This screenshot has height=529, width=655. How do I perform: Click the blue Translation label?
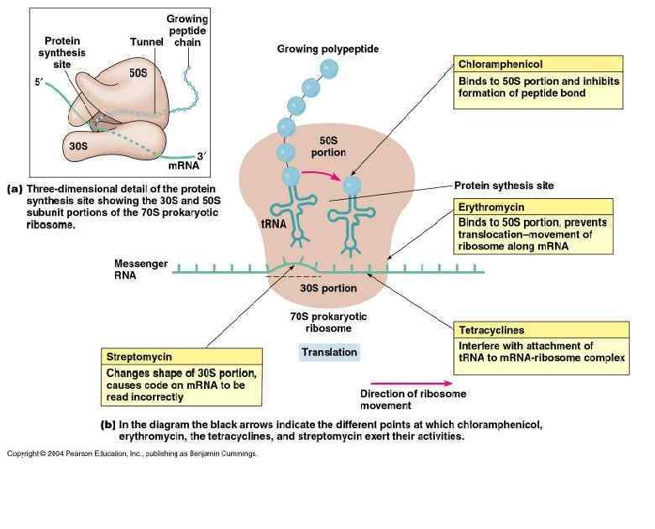[x=329, y=353]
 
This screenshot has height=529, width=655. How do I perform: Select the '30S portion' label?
[x=328, y=288]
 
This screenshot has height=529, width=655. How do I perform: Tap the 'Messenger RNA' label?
[x=141, y=270]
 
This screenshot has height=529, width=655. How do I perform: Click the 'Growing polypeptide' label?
[x=327, y=50]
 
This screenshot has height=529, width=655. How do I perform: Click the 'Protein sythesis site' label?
[x=504, y=185]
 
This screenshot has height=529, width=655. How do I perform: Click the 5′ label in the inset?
[x=38, y=82]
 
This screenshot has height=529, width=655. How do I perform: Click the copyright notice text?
[x=132, y=454]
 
